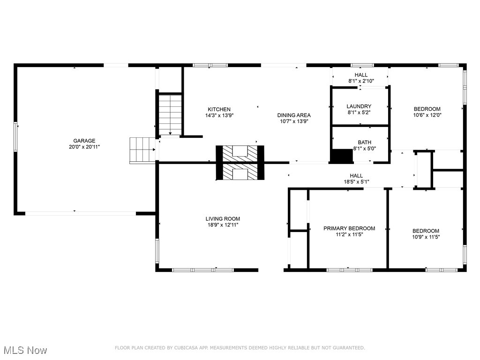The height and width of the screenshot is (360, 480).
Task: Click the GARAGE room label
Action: coord(84,141)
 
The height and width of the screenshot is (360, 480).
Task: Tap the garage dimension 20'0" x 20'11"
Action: coord(84,147)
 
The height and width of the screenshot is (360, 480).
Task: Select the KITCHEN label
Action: coord(219,109)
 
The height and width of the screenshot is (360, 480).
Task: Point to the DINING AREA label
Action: coord(294,115)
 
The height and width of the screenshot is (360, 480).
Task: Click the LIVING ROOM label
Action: coord(223,218)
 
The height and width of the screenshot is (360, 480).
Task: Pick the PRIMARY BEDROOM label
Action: coord(349,228)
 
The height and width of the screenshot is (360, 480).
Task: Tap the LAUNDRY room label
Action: coord(359,106)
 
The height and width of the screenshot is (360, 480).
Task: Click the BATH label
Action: coord(364,142)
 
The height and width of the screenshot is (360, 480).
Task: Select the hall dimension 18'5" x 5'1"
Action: coord(356,182)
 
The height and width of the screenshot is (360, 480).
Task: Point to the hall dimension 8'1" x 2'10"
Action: coord(361,81)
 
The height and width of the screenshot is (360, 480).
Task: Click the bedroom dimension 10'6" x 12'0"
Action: coord(427,115)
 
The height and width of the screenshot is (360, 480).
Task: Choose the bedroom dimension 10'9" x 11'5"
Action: coord(426,237)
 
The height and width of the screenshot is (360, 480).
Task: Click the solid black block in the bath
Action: coord(342,156)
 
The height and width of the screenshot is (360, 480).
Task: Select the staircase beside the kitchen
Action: coord(169,114)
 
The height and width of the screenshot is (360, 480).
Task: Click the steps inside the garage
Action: coord(142,150)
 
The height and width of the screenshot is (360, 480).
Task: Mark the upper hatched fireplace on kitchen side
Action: coord(240,152)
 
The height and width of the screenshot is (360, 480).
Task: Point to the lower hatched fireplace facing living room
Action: coord(240,172)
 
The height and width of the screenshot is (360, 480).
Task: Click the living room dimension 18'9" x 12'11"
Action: coord(223,225)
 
